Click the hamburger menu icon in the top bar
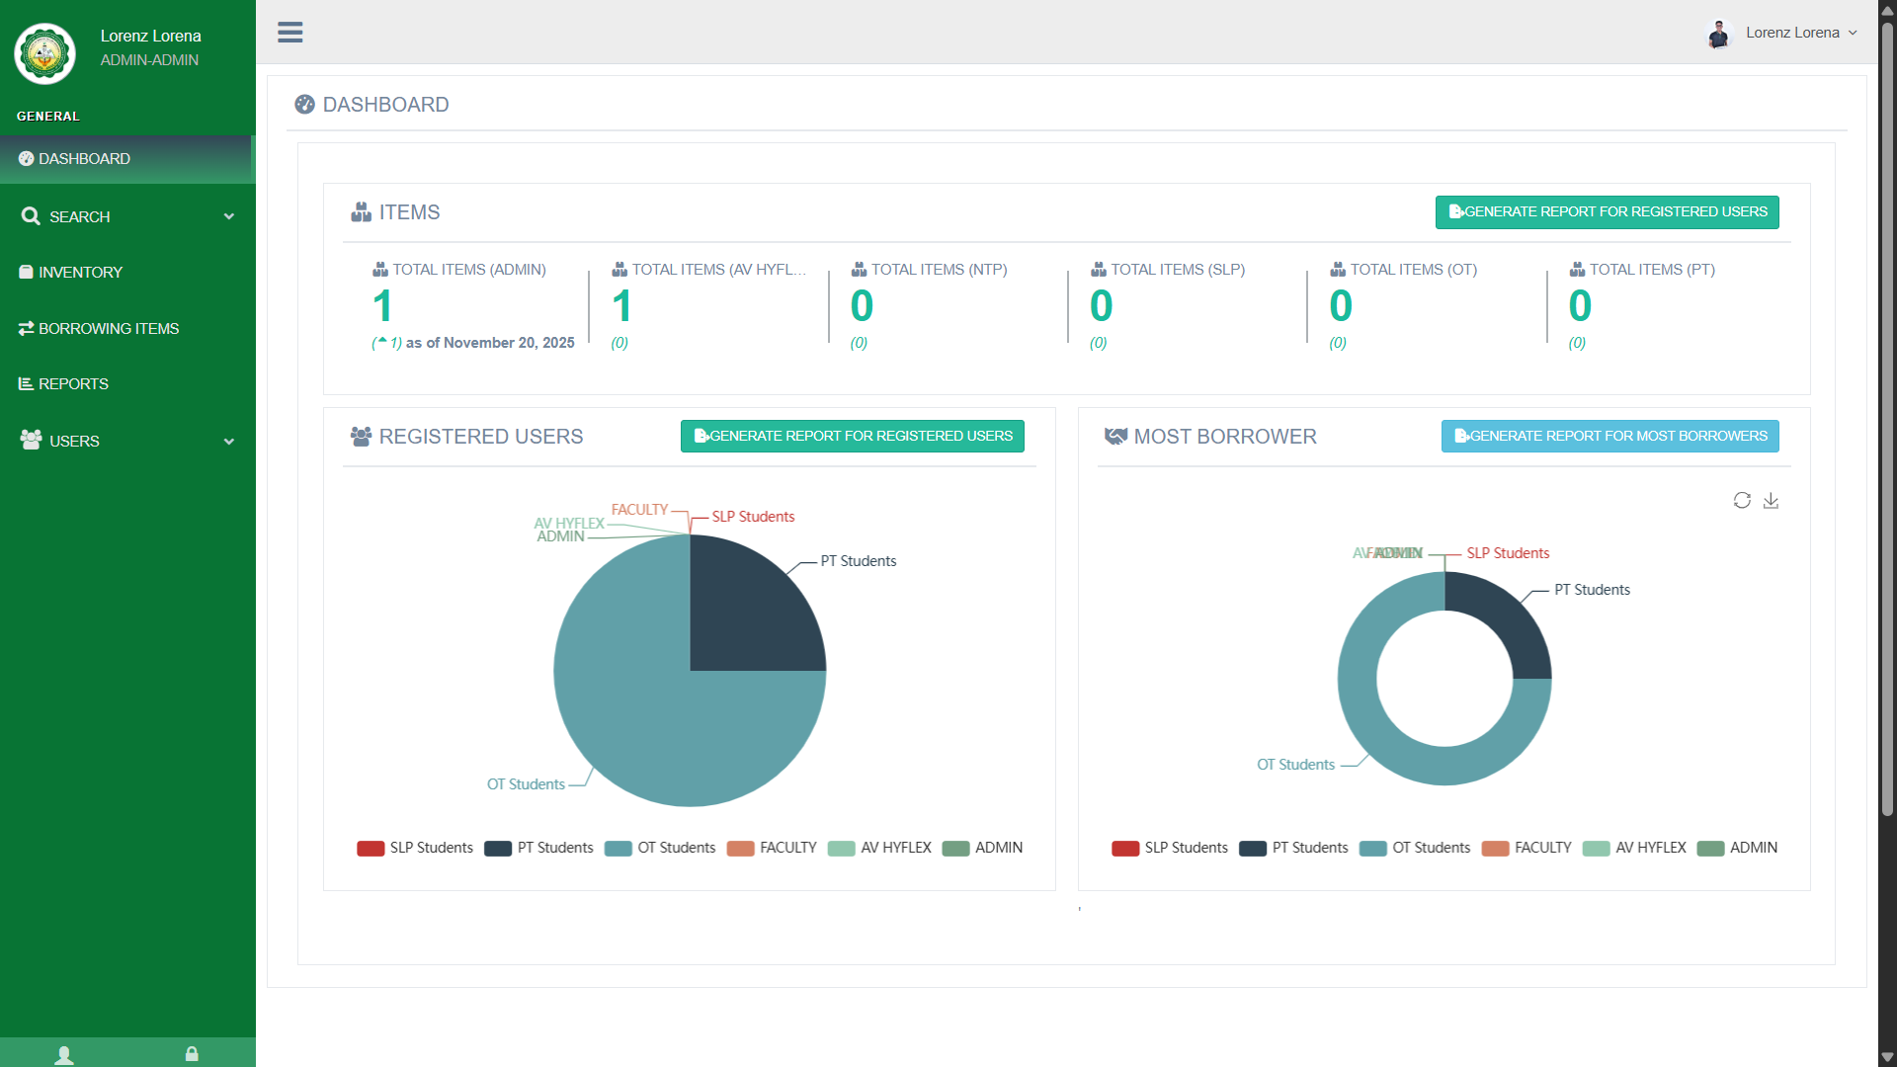coord(289,33)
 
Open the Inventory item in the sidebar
coord(80,273)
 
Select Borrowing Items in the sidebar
coord(108,329)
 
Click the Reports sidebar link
coord(73,384)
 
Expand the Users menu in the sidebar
coord(126,442)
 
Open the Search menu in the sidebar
coord(126,217)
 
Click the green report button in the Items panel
coord(1607,212)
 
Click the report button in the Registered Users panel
coord(852,437)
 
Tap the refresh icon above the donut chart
coord(1742,501)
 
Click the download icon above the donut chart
coord(1771,501)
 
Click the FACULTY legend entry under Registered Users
coord(773,849)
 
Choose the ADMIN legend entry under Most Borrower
coord(1738,849)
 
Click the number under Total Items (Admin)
coord(382,306)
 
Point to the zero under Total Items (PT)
coord(1580,306)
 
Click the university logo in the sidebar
coord(44,53)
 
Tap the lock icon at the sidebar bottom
coord(192,1054)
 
